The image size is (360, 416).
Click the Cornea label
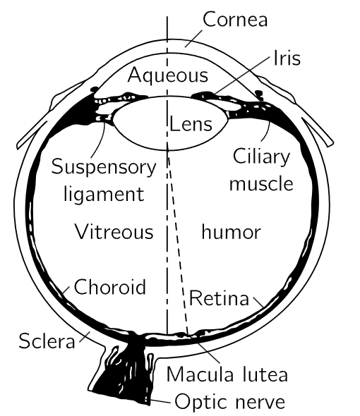235,19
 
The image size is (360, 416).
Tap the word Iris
287,59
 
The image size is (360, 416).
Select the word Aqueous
168,75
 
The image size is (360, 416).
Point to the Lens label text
191,124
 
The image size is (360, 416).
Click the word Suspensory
104,168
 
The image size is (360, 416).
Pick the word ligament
104,195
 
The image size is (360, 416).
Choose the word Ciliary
261,157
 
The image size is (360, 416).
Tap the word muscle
261,183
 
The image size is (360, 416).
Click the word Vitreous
114,231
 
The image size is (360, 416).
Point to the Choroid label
110,286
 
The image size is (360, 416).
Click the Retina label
219,298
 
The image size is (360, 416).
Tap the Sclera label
47,341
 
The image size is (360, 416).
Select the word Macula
200,374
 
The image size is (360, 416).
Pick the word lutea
265,374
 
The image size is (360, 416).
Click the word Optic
201,402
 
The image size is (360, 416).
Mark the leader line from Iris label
242,75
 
